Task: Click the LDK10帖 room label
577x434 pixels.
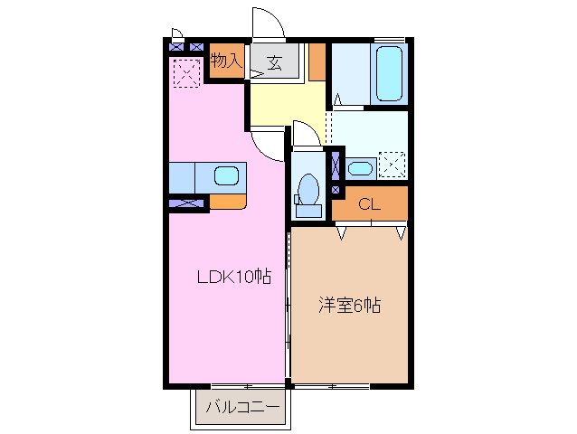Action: pos(234,277)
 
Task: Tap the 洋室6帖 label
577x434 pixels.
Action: pos(348,305)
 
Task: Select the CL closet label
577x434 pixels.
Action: pos(367,204)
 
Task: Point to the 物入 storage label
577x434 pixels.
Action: pos(225,61)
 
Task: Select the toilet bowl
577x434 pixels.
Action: pos(307,189)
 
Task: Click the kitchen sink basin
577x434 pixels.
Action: pos(225,175)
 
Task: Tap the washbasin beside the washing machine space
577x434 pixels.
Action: pos(359,167)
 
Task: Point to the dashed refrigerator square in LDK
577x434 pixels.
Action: pos(187,72)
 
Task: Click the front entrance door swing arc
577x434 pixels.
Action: pos(268,23)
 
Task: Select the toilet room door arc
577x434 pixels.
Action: pos(306,133)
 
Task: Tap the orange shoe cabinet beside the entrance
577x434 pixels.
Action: pos(316,61)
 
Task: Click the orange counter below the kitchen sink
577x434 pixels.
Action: pos(227,201)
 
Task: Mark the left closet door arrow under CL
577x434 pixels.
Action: pos(342,233)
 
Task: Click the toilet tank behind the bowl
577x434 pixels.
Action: pos(307,211)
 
